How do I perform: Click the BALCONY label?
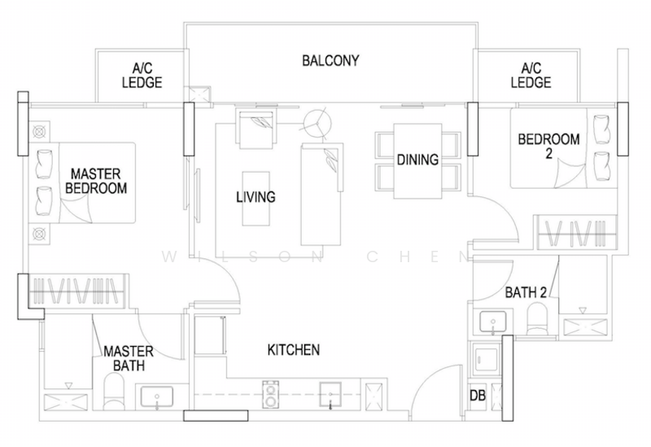[330, 61]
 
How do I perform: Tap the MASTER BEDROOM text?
[98, 181]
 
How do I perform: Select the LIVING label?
[256, 197]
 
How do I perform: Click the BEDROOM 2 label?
[549, 147]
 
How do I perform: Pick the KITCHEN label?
[294, 350]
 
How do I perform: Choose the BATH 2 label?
[505, 291]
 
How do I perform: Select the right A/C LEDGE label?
[531, 76]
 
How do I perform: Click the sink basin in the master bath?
[157, 398]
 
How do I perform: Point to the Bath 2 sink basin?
[491, 322]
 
